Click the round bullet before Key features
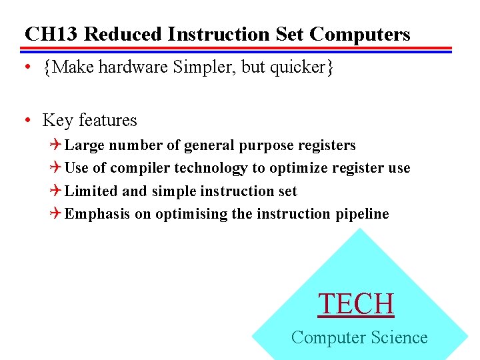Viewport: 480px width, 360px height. pyautogui.click(x=27, y=121)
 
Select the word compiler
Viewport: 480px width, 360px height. pyautogui.click(x=141, y=169)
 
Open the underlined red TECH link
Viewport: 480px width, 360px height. pyautogui.click(x=357, y=304)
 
